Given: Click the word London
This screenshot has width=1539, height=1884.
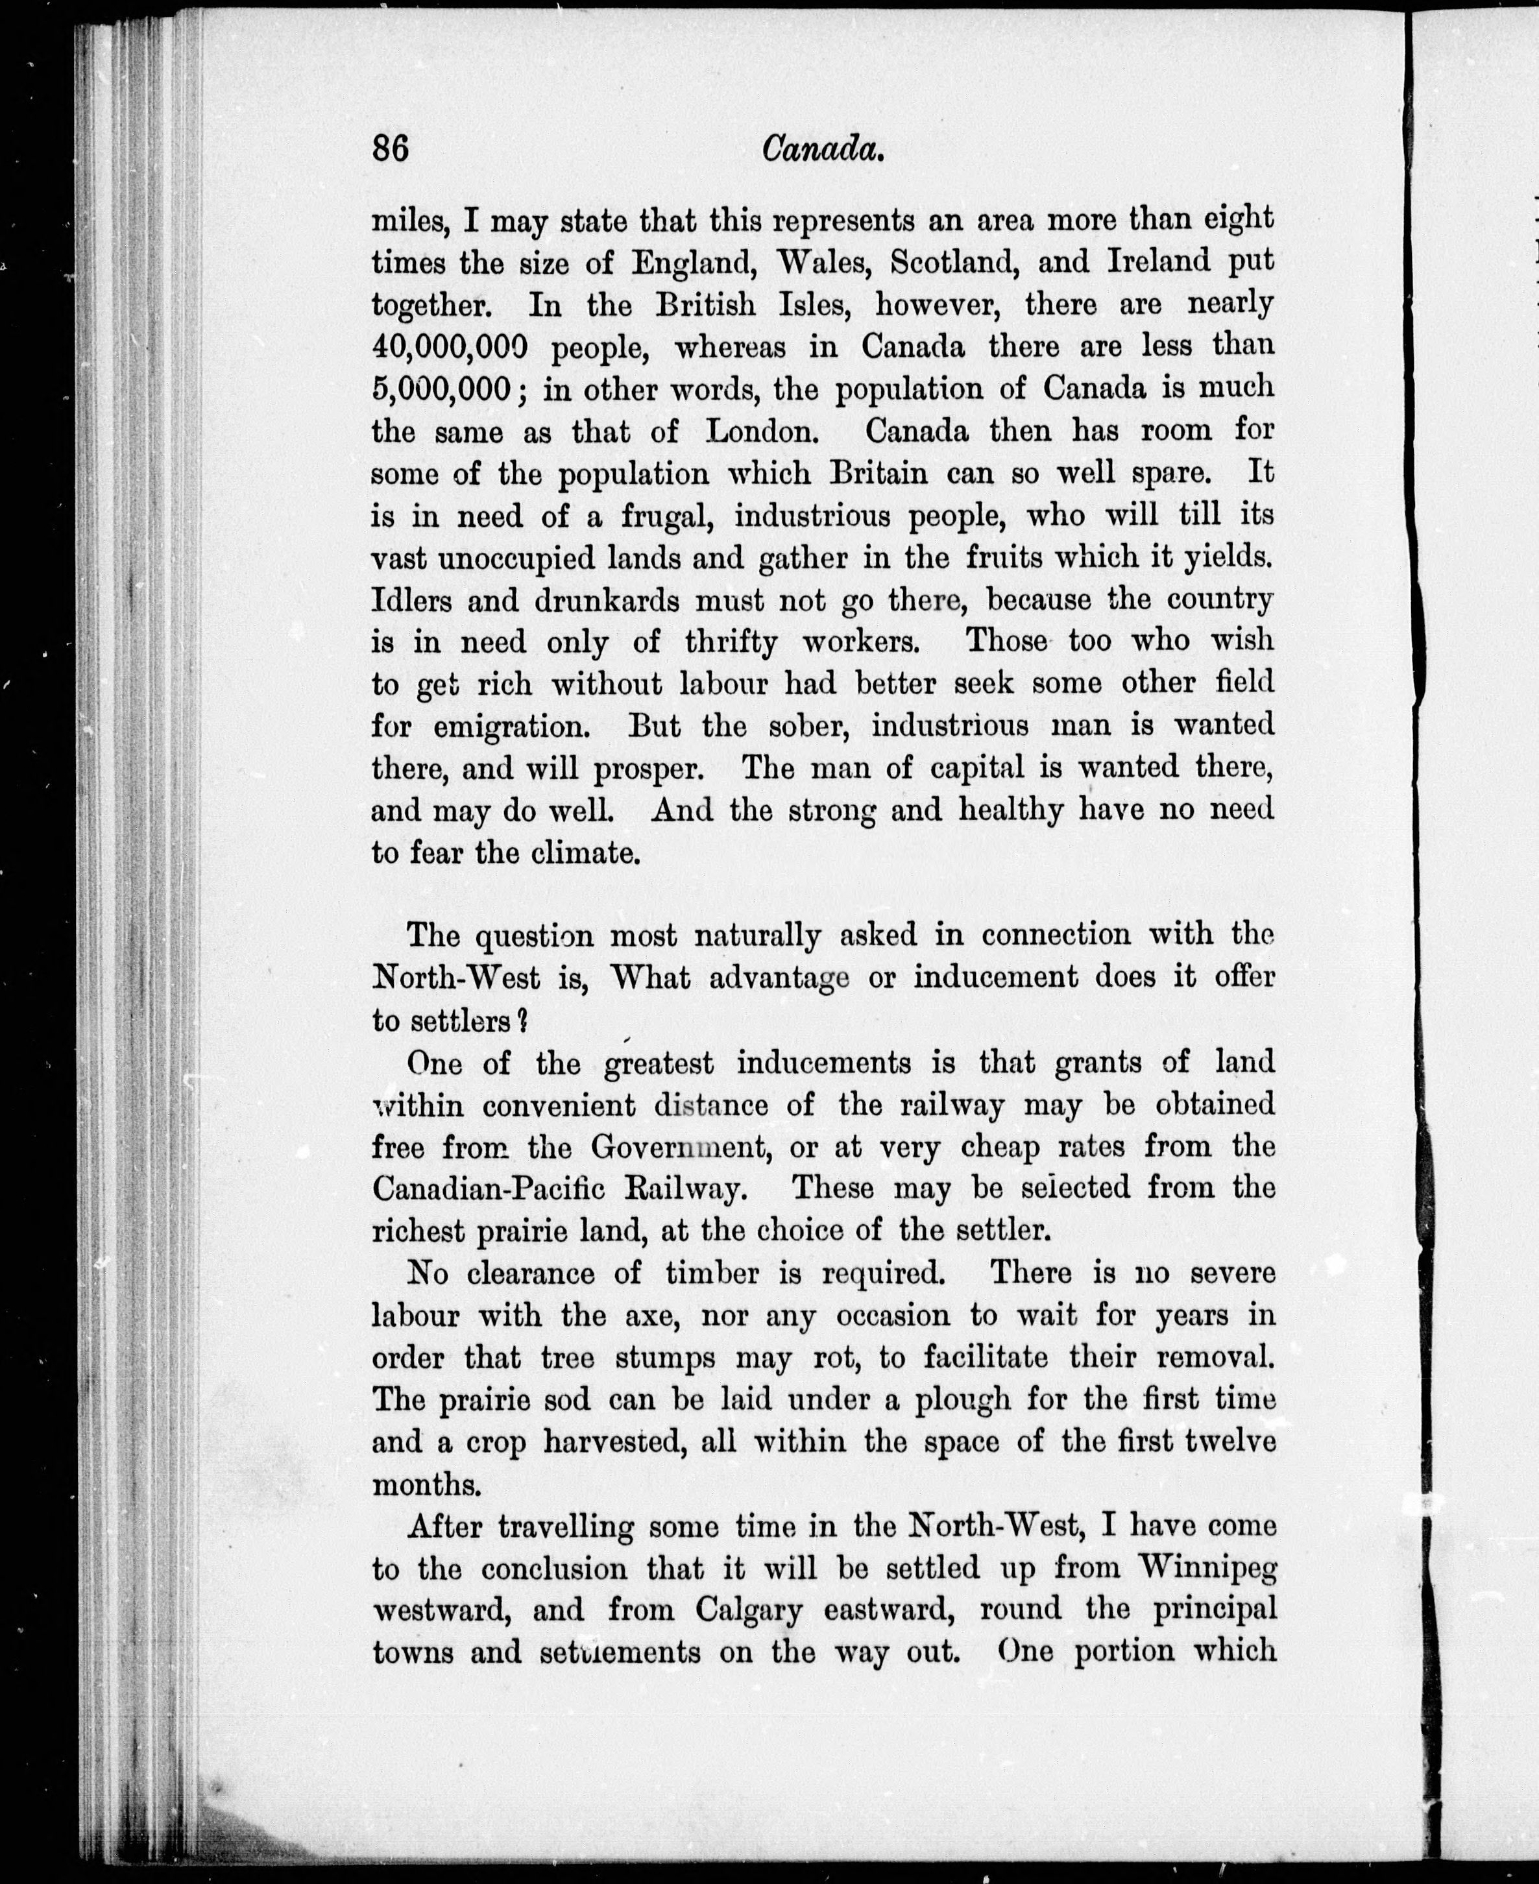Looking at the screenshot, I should pos(760,432).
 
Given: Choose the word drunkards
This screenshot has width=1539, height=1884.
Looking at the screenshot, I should pos(607,601).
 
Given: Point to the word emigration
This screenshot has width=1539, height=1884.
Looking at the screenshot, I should pos(511,727).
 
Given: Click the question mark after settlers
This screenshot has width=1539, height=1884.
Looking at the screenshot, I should pos(522,1020).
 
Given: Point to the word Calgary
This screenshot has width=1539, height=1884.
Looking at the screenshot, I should pos(748,1611).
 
